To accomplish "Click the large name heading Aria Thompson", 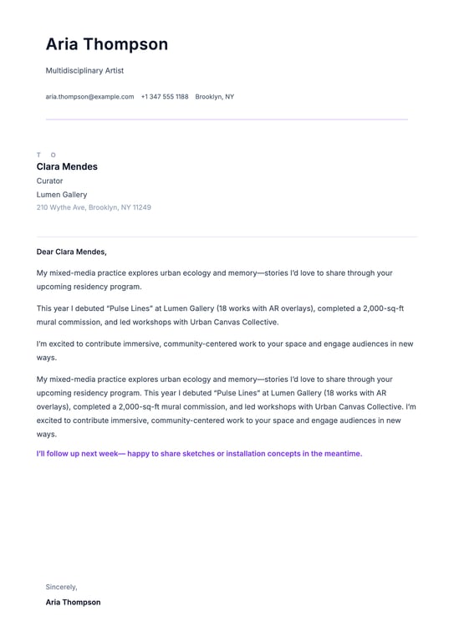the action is pos(106,44).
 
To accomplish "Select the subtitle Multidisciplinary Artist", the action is pos(84,71).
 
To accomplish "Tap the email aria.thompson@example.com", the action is pos(89,97).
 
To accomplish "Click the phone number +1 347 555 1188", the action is pos(164,97).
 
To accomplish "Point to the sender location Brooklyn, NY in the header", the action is pos(215,97).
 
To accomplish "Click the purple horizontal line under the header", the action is pos(227,120).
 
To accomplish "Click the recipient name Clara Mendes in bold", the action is pos(67,166).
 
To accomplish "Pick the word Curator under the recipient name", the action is pos(49,181).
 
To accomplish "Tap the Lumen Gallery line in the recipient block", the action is pos(61,195).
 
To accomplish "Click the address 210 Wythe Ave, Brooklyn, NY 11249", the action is pos(94,207).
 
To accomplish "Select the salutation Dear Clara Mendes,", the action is pos(72,252).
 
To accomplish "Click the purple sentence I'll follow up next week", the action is pos(199,454).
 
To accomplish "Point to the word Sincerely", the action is pos(61,587).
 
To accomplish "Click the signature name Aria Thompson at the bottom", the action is pos(73,602).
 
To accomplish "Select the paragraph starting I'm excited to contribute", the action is pos(225,350).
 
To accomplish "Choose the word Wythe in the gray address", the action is pos(61,207).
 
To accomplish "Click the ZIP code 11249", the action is pos(141,207).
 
